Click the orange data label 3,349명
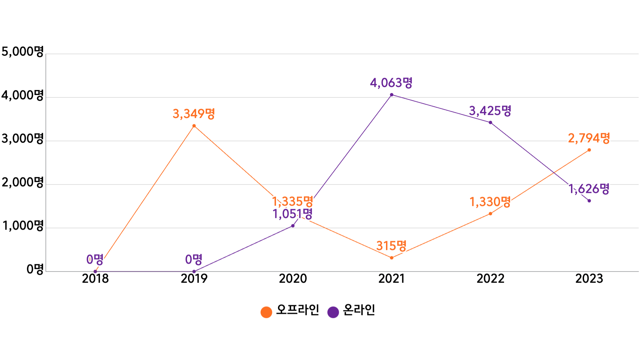(x=194, y=114)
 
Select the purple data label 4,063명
(x=391, y=83)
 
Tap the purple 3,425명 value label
(x=490, y=111)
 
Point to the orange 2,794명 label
(x=589, y=138)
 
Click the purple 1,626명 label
(x=589, y=189)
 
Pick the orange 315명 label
(x=391, y=246)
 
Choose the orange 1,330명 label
(x=490, y=202)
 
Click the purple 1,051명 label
(x=292, y=214)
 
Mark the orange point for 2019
(x=194, y=126)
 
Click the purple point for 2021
(x=392, y=95)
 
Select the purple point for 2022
(x=490, y=123)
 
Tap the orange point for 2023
(x=589, y=150)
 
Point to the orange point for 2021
(x=392, y=258)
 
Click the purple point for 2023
(x=589, y=201)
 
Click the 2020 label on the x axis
(x=293, y=279)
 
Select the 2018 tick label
(x=95, y=279)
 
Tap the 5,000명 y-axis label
(x=22, y=52)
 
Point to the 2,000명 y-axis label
(x=22, y=182)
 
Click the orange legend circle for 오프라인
(x=266, y=312)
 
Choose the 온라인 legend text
(x=359, y=310)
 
